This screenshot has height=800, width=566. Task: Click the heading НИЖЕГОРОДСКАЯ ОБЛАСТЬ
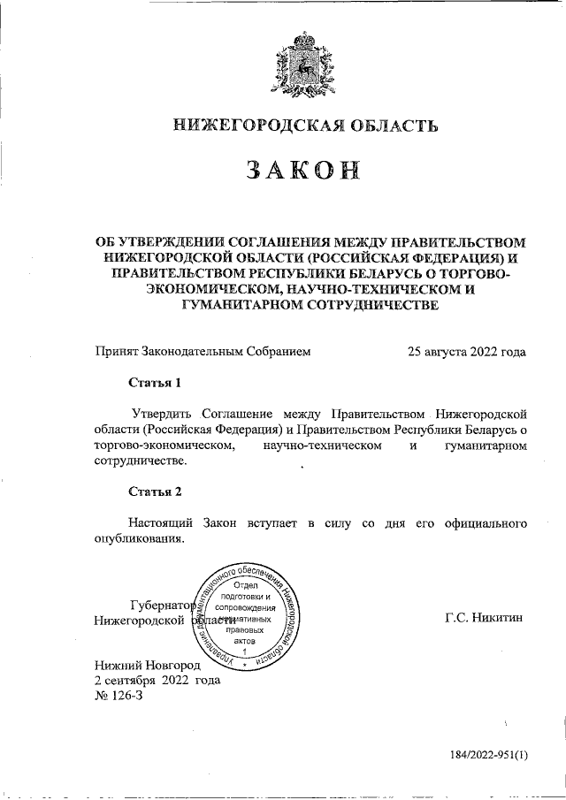305,127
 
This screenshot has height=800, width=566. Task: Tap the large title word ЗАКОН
305,172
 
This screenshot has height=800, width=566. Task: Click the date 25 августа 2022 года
466,351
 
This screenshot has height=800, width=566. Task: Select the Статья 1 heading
155,383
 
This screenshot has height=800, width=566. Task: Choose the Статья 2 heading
155,491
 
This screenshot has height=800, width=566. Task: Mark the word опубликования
140,538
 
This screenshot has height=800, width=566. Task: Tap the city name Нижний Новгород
148,664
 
